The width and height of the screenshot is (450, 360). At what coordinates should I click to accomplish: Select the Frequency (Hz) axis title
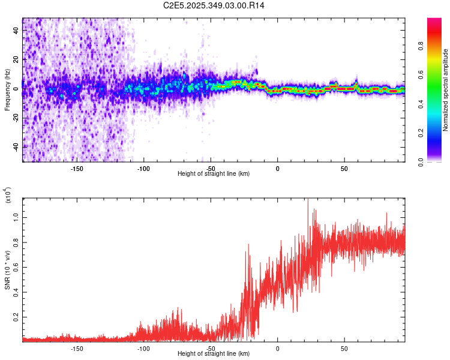(8, 89)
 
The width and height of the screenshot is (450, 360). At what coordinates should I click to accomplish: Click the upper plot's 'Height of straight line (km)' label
(214, 174)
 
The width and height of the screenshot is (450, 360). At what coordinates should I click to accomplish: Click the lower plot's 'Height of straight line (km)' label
(214, 354)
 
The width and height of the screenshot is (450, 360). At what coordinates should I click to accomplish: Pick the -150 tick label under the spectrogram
(77, 169)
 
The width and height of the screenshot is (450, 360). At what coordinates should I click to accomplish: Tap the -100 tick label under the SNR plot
(143, 349)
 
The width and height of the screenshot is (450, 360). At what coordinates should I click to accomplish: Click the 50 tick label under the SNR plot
(344, 349)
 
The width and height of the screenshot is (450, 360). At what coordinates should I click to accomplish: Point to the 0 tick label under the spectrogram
(278, 169)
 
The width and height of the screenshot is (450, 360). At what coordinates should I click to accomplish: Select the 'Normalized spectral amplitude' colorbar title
(446, 89)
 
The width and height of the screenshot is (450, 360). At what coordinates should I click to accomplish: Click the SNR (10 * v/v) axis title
(8, 269)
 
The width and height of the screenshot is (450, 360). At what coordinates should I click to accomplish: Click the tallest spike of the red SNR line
(308, 200)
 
